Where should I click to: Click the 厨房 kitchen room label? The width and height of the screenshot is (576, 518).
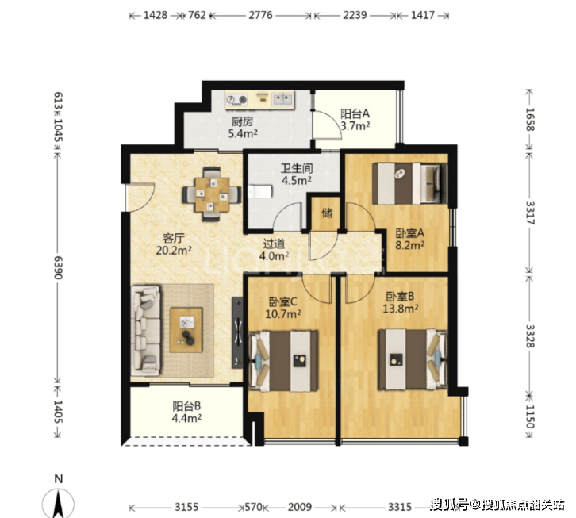pyautogui.click(x=242, y=121)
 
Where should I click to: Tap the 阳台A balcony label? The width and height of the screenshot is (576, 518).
pyautogui.click(x=355, y=113)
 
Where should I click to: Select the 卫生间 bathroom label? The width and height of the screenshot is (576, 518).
pyautogui.click(x=297, y=168)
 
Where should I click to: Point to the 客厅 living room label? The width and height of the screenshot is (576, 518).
pyautogui.click(x=174, y=238)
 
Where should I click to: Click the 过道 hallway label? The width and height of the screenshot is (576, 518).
pyautogui.click(x=274, y=244)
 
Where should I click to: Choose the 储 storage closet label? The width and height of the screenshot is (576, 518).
pyautogui.click(x=327, y=213)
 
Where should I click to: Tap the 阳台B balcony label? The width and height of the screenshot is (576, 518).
pyautogui.click(x=186, y=406)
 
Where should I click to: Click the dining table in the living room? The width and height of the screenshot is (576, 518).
pyautogui.click(x=212, y=194)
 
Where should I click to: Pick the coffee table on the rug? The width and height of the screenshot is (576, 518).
pyautogui.click(x=186, y=330)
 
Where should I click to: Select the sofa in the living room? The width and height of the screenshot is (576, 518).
pyautogui.click(x=146, y=331)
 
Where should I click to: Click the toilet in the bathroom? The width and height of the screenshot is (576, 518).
pyautogui.click(x=260, y=192)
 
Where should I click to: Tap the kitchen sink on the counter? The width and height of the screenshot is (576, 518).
pyautogui.click(x=283, y=98)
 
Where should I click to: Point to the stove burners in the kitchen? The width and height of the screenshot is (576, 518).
pyautogui.click(x=236, y=99)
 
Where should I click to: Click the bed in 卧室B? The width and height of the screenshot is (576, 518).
pyautogui.click(x=413, y=359)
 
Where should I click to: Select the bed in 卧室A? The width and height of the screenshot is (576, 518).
pyautogui.click(x=410, y=183)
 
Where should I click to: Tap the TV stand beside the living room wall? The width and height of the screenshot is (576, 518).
pyautogui.click(x=237, y=332)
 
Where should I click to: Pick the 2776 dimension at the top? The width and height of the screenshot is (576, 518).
pyautogui.click(x=260, y=15)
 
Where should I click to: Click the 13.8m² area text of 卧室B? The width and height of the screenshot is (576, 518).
pyautogui.click(x=400, y=309)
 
